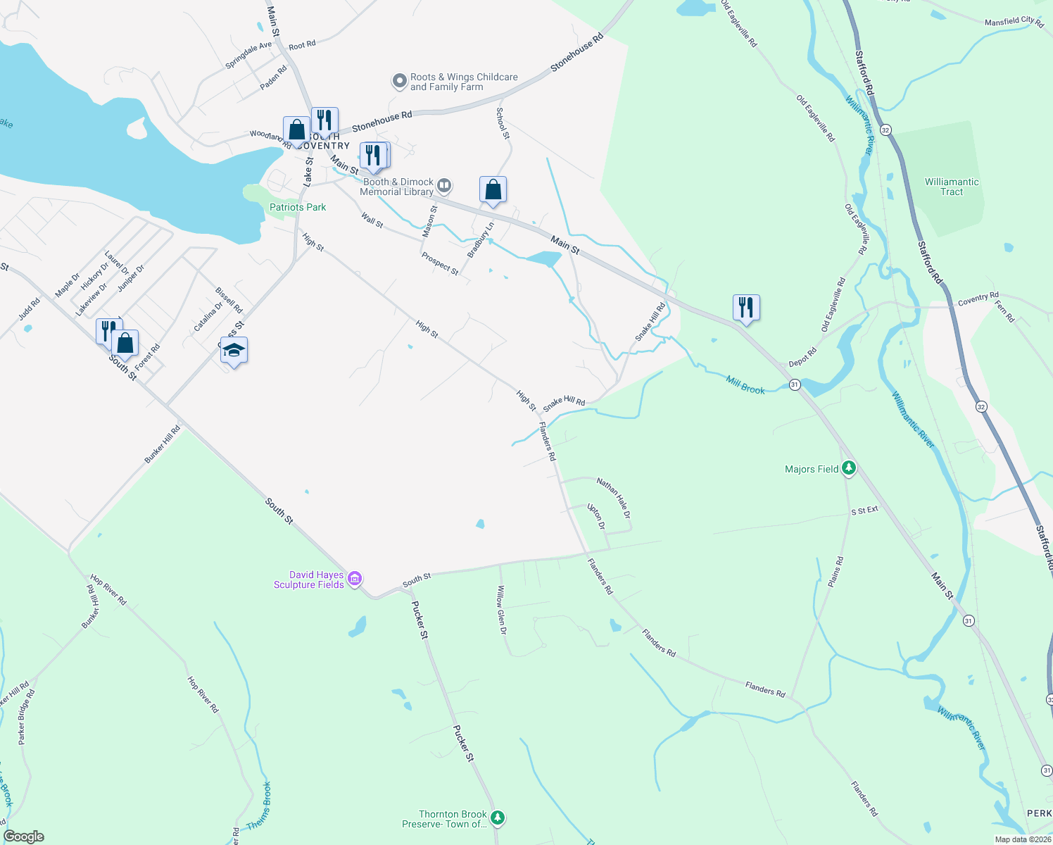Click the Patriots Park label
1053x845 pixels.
pyautogui.click(x=298, y=207)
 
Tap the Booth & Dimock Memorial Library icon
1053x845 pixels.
pyautogui.click(x=444, y=186)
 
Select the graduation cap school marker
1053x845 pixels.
pyautogui.click(x=234, y=350)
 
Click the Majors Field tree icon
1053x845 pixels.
pyautogui.click(x=849, y=468)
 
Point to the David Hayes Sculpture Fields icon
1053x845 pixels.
pyautogui.click(x=355, y=579)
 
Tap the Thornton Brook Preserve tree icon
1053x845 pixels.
pyautogui.click(x=498, y=818)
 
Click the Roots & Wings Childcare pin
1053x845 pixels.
pyautogui.click(x=400, y=82)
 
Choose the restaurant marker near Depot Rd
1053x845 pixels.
pyautogui.click(x=746, y=308)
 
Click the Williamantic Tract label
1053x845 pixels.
pyautogui.click(x=952, y=187)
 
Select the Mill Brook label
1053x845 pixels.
pyautogui.click(x=745, y=385)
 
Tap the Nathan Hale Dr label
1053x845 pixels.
pyautogui.click(x=614, y=498)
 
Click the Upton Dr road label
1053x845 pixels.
pyautogui.click(x=596, y=516)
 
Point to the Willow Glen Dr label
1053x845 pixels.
pyautogui.click(x=501, y=609)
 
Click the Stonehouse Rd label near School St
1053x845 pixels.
pyautogui.click(x=382, y=121)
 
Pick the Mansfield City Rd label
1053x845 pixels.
pyautogui.click(x=1014, y=22)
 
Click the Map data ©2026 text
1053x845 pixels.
pyautogui.click(x=1023, y=839)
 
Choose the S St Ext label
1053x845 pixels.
pyautogui.click(x=864, y=511)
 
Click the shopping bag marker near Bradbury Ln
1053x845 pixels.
pyautogui.click(x=493, y=189)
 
